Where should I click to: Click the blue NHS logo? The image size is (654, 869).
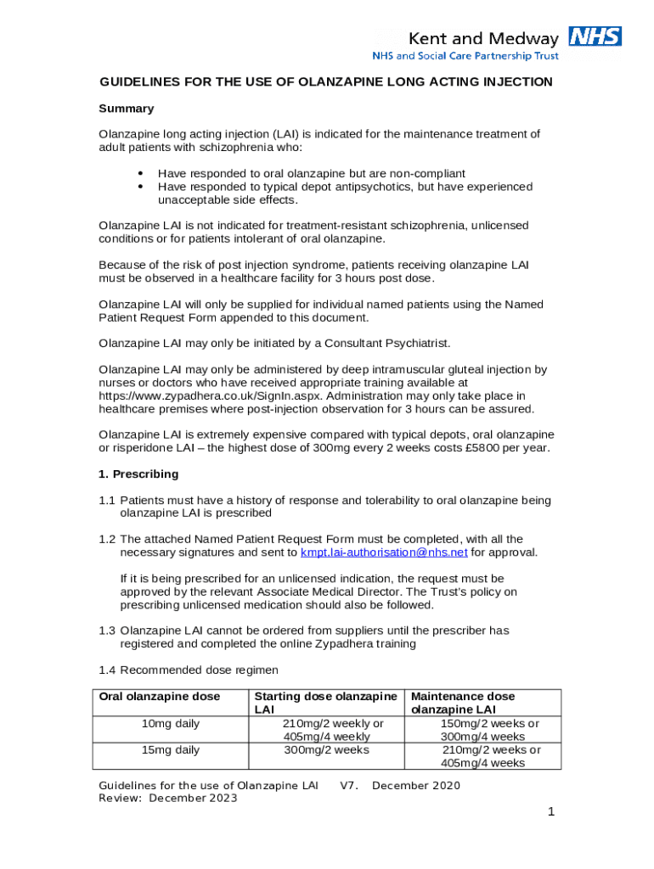595,36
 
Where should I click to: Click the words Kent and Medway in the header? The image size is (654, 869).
483,38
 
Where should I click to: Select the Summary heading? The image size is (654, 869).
127,109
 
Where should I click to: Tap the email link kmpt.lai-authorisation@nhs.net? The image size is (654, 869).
384,552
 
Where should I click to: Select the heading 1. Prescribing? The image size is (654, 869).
138,474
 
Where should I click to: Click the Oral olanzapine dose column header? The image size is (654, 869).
160,697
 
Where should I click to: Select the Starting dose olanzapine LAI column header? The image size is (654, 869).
326,703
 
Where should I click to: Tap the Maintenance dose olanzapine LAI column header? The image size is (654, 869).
463,703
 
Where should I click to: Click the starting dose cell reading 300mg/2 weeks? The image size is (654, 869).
326,749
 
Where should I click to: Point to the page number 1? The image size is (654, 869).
550,812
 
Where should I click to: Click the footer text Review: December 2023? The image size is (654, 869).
168,799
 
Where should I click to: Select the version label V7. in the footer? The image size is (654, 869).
349,786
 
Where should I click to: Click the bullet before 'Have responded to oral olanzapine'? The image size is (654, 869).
139,173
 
